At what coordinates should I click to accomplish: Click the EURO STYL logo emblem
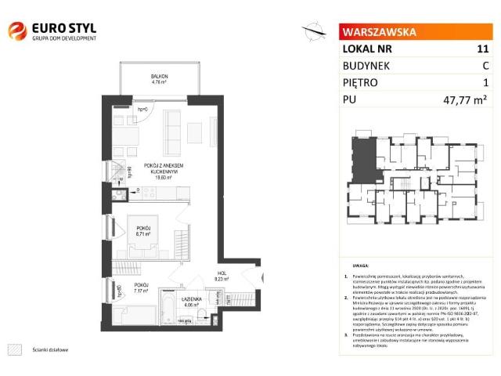click(x=16, y=31)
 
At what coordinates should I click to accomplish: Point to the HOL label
click(x=222, y=273)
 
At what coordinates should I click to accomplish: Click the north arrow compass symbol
click(x=315, y=31)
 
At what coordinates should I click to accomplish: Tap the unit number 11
click(x=482, y=49)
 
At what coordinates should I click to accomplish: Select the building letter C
click(x=485, y=66)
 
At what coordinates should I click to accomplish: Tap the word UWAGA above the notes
click(x=361, y=266)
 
